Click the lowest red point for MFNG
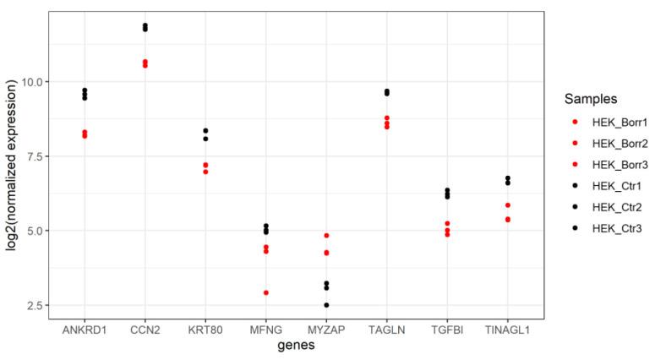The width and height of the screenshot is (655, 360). [x=266, y=292]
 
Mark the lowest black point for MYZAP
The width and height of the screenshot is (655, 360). [x=326, y=305]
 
